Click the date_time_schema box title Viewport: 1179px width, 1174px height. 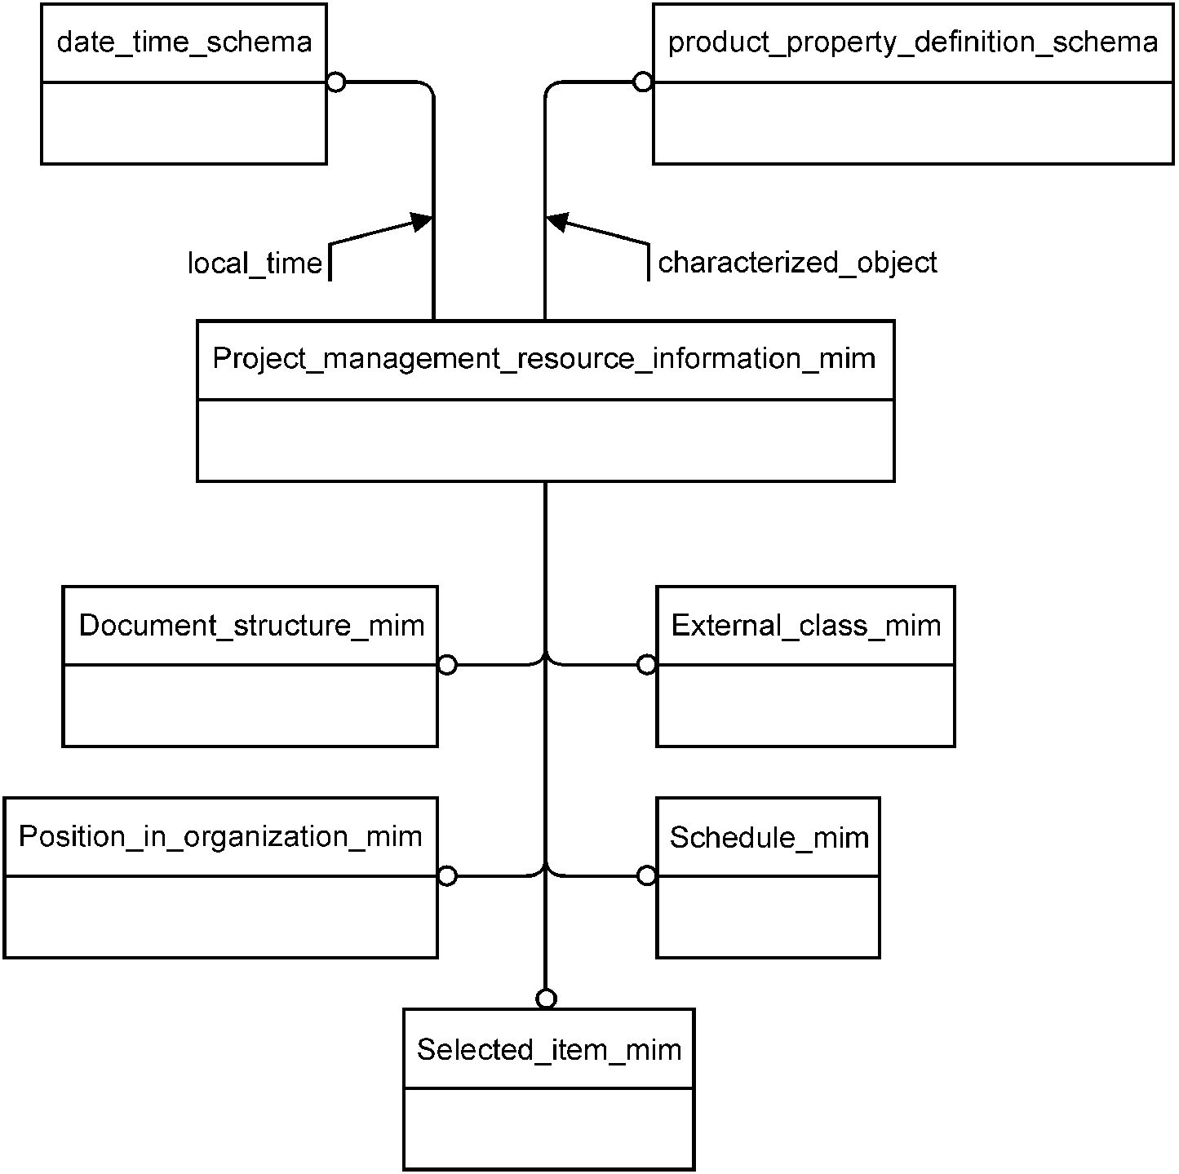point(184,42)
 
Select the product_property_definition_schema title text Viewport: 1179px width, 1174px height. point(913,42)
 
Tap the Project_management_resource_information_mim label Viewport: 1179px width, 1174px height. point(544,358)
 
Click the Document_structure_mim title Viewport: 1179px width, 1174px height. point(251,626)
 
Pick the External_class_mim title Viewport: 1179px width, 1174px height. point(806,626)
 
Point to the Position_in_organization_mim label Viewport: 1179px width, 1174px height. point(220,837)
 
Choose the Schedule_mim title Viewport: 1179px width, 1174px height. point(769,838)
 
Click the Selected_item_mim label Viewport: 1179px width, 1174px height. point(549,1050)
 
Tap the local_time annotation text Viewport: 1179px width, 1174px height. point(255,264)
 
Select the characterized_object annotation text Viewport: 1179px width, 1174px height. point(797,263)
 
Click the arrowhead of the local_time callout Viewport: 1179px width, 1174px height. point(424,221)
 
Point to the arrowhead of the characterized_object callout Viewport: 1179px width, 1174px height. point(554,221)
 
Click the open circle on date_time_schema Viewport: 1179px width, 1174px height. point(336,82)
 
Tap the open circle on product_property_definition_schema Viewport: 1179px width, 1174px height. point(643,82)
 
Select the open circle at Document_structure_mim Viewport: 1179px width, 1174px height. point(447,665)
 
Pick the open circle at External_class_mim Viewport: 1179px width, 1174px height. point(647,665)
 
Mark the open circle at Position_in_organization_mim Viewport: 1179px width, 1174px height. point(447,876)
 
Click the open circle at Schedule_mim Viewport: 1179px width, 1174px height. point(647,876)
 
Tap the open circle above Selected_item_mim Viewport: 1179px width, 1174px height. point(547,999)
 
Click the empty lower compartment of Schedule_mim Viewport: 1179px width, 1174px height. point(769,916)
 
